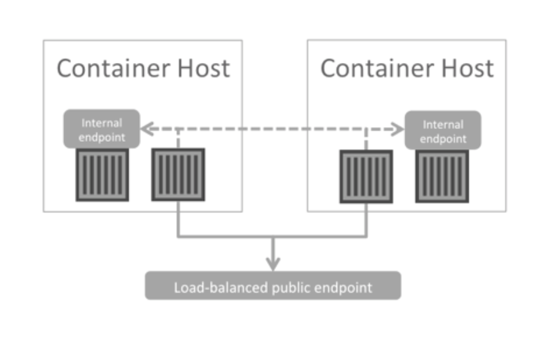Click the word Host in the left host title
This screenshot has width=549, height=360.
204,68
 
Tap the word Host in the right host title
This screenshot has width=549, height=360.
468,68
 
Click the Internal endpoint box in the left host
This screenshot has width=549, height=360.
101,129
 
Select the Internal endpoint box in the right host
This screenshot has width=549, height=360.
443,130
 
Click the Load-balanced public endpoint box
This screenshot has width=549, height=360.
273,286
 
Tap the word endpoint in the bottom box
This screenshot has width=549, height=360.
343,288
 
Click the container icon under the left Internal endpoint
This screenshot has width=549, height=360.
102,175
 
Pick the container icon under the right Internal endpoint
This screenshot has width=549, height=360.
442,176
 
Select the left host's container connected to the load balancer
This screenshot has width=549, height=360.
178,175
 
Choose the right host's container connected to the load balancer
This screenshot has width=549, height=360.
366,176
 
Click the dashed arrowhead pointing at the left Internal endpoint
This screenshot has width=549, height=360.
147,129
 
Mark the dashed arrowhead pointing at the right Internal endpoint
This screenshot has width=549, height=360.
398,129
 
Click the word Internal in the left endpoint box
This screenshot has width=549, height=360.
102,123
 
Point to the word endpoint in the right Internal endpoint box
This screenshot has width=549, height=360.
443,139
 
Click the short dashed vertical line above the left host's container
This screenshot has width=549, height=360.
178,139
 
